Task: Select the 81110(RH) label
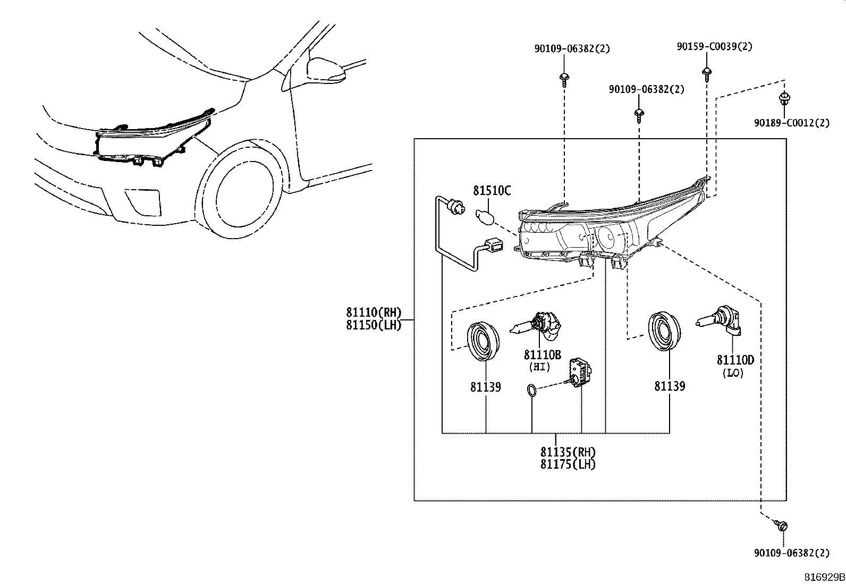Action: [374, 312]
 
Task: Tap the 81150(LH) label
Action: [374, 325]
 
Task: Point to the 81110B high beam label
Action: [542, 355]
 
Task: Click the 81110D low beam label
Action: [735, 360]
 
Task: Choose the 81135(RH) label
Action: [568, 452]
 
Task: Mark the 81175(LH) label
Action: [568, 464]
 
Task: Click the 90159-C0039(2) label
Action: [714, 47]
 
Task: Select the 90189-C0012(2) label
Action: [791, 123]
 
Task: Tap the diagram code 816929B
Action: [823, 577]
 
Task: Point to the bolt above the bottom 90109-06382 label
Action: [781, 526]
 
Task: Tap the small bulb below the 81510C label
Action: [486, 217]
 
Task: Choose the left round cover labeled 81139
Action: [483, 341]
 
